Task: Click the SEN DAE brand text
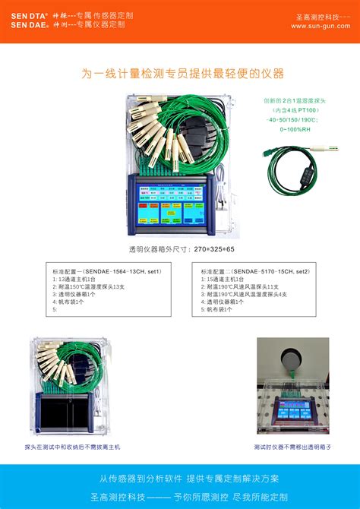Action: tap(29, 25)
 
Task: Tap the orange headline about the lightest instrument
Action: tap(182, 74)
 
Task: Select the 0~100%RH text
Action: tap(292, 129)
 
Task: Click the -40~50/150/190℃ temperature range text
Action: tap(292, 120)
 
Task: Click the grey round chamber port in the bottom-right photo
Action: tap(292, 359)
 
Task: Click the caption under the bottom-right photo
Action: tap(292, 447)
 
